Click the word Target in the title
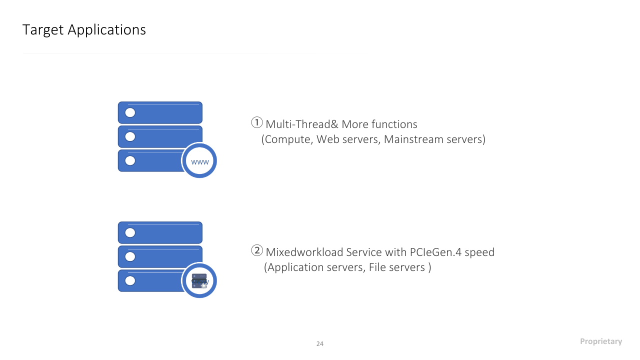click(x=43, y=30)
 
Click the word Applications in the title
click(x=107, y=30)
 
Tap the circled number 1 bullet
click(x=257, y=122)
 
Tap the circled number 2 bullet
click(x=257, y=250)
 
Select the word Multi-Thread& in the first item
click(x=302, y=124)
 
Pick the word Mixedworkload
click(x=304, y=252)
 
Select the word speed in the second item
click(x=479, y=253)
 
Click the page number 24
click(x=320, y=343)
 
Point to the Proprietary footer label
click(x=601, y=341)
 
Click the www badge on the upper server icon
click(x=199, y=160)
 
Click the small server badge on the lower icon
click(x=199, y=280)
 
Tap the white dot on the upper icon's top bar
click(x=130, y=112)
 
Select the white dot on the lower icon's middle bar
click(x=130, y=256)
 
